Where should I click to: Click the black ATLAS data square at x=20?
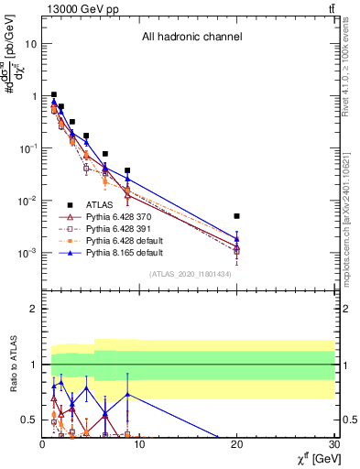[236, 216]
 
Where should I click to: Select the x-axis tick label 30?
[333, 446]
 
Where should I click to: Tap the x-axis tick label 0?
[42, 446]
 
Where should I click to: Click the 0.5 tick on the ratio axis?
[29, 420]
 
